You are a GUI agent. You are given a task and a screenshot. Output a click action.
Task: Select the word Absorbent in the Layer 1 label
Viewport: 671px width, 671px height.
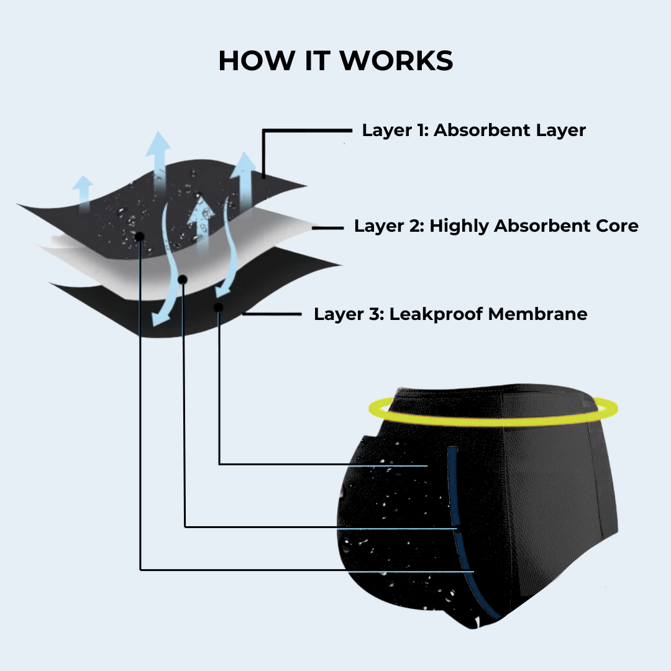(479, 130)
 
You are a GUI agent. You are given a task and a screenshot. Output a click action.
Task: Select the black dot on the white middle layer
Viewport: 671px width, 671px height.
(183, 280)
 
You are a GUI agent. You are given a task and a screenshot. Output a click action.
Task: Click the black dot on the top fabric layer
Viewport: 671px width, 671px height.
(140, 236)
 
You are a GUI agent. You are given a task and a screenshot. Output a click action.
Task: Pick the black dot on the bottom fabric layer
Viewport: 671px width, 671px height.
(219, 307)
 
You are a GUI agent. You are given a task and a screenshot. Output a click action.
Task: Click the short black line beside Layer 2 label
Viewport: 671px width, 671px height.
(328, 229)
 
